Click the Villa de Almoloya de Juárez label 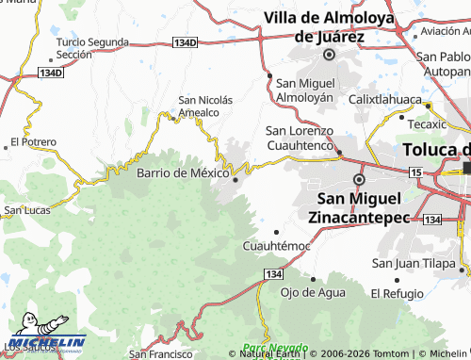click(329, 26)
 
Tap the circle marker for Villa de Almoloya click(329, 55)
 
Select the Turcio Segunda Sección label click(91, 49)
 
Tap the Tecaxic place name click(427, 123)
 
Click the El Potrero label click(33, 142)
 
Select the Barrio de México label click(183, 173)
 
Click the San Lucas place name click(27, 209)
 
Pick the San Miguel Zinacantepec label click(360, 207)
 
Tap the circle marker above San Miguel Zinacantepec click(358, 179)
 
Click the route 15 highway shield click(415, 172)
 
